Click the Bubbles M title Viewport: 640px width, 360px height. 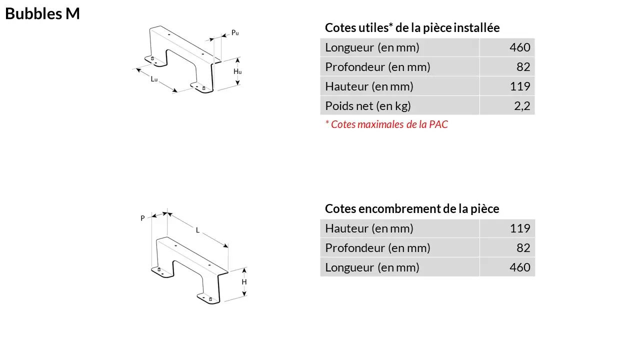pos(42,13)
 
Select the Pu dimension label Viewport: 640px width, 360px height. pos(235,33)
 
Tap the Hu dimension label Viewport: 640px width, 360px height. pos(237,71)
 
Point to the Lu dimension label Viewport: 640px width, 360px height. pos(154,79)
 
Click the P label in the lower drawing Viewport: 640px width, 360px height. pos(142,218)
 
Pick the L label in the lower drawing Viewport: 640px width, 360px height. pos(197,230)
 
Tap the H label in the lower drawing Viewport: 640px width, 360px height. pos(244,282)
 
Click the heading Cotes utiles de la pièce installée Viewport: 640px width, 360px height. pos(412,27)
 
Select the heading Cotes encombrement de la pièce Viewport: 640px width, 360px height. pos(412,209)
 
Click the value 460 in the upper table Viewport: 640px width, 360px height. pos(519,47)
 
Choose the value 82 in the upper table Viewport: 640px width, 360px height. pos(523,67)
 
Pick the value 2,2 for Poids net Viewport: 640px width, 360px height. pos(522,106)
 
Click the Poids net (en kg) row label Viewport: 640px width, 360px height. pos(368,106)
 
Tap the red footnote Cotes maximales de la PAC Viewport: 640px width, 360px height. pos(386,124)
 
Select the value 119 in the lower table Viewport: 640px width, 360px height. pos(520,228)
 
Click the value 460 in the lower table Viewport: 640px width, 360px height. pos(519,267)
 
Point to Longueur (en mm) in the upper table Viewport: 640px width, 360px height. pos(372,47)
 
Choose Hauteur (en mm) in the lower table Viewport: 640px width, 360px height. pos(369,228)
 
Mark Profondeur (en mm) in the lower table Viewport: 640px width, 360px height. pos(377,248)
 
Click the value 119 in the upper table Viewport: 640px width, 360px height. pos(520,86)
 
